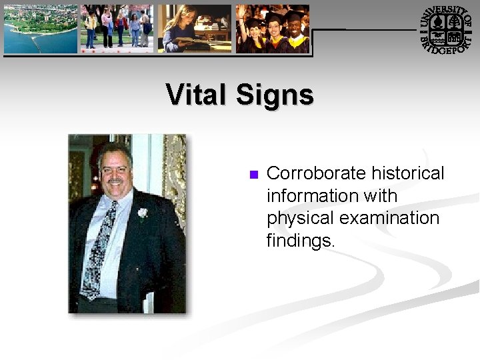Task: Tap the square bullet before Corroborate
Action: point(253,175)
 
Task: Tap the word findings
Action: point(301,241)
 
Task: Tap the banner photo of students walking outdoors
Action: point(117,29)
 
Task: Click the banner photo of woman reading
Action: point(195,29)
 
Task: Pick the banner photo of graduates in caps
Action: point(273,29)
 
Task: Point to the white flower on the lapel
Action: point(142,213)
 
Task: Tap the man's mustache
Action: point(115,181)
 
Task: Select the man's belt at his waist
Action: point(100,302)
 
